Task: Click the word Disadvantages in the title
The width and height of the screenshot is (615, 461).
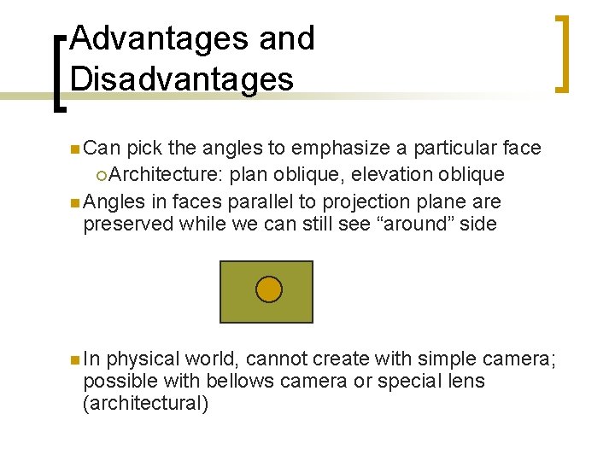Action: coord(182,79)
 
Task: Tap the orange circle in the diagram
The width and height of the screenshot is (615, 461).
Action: coord(268,290)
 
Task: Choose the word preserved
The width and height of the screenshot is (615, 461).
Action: coord(127,225)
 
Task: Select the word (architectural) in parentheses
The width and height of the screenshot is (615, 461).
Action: coord(145,403)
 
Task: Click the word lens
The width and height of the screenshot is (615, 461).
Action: coord(466,381)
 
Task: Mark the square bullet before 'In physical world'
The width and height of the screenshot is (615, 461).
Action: coord(75,359)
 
